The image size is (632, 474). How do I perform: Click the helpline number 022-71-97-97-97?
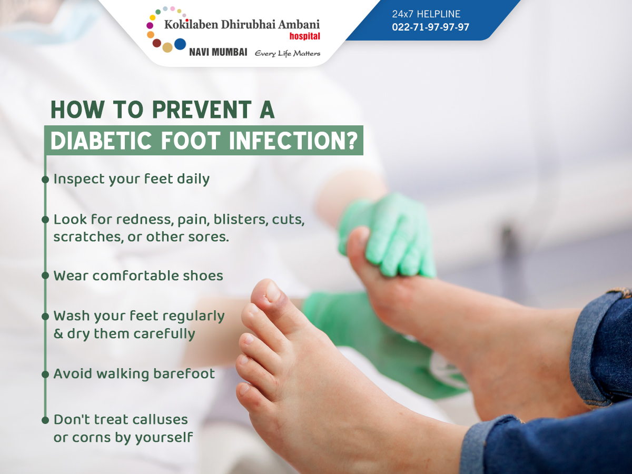coord(430,27)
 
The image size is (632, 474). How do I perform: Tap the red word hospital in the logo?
coord(304,36)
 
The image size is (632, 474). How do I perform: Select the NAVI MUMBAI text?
coord(218,52)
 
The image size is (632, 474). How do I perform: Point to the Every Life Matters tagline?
coord(288,54)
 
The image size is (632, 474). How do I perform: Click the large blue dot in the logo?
coord(180,44)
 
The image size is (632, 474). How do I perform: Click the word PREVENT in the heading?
coord(202,110)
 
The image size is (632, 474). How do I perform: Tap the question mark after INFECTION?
coord(352,141)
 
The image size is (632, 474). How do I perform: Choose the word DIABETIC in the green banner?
coord(101,141)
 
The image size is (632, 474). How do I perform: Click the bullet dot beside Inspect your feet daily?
coord(45,180)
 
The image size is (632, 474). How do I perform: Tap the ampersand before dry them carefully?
coord(58,334)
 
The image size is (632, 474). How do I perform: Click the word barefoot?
coord(184,373)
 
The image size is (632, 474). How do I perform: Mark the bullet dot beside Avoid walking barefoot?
coord(45,374)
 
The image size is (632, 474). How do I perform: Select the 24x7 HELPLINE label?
coord(426,14)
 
